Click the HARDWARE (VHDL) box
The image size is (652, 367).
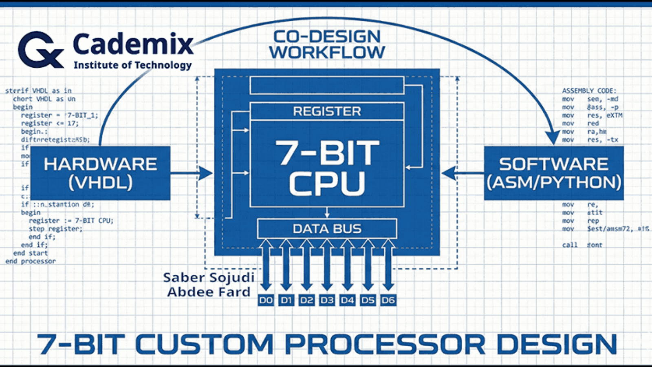coord(100,173)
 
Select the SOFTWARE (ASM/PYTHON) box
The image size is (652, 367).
coord(554,173)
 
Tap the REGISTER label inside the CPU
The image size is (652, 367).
coord(327,111)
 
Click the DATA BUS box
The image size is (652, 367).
coord(327,228)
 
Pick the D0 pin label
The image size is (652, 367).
coord(266,301)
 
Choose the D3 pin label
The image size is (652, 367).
coord(327,301)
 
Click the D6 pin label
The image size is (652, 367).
coord(388,301)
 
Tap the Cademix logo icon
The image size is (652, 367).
coord(40,50)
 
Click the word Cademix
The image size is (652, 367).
coord(133,44)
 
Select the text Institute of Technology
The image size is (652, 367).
coord(132,65)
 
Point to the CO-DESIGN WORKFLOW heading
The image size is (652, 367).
coord(327,44)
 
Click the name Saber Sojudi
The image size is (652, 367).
coord(209,277)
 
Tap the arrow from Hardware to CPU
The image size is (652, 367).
coord(192,173)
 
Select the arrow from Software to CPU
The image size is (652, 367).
coord(463,173)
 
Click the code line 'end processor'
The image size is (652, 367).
coord(31,261)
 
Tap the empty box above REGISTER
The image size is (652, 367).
coord(327,85)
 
